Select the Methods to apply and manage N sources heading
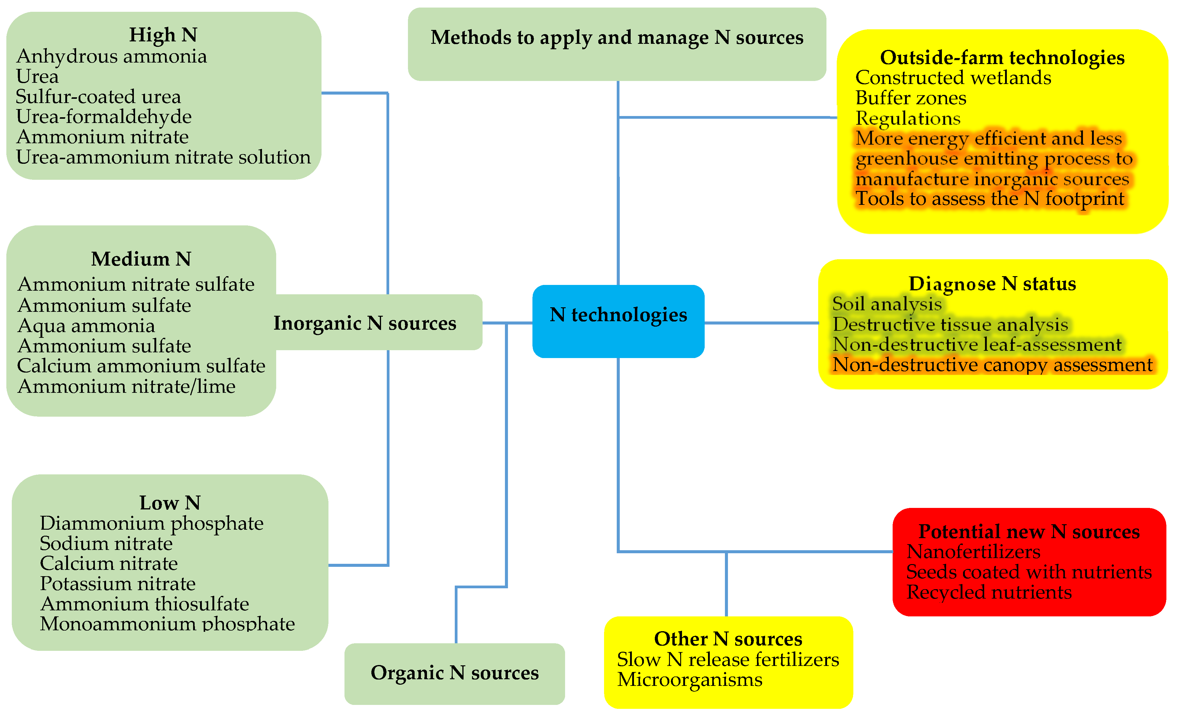[617, 37]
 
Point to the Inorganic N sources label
[365, 323]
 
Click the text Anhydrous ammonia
[112, 57]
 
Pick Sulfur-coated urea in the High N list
[98, 97]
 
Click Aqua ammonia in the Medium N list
[86, 326]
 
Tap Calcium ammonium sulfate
[141, 366]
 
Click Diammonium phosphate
[151, 524]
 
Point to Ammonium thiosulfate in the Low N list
[145, 604]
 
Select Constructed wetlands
[953, 78]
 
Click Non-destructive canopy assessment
[992, 365]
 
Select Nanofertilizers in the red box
[973, 552]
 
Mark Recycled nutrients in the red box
[989, 593]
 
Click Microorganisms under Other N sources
[690, 680]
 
